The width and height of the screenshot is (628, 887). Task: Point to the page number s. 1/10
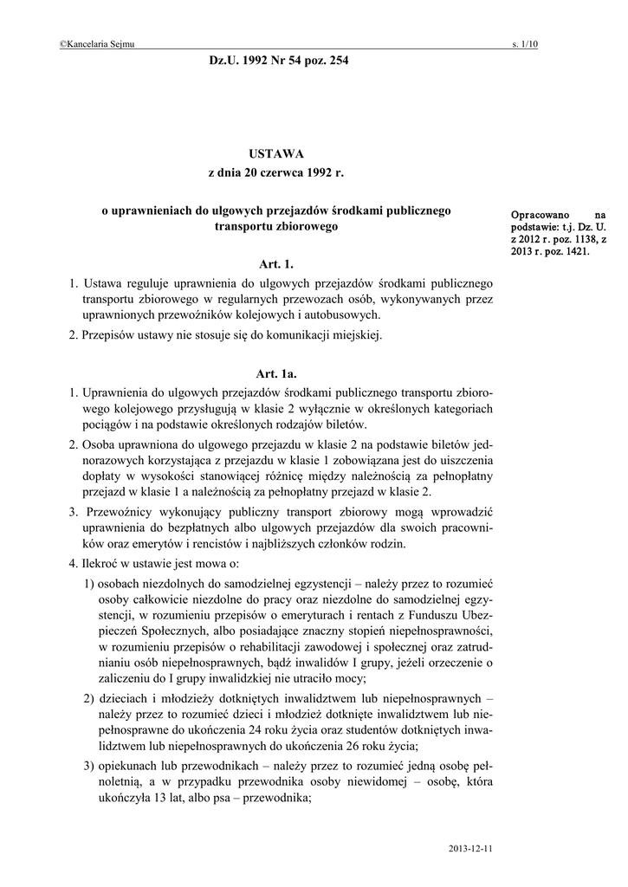(x=525, y=44)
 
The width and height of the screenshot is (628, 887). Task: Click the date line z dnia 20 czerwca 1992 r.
(x=276, y=173)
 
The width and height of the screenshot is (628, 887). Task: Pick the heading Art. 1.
(x=276, y=262)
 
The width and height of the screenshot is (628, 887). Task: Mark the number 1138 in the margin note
(x=577, y=238)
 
